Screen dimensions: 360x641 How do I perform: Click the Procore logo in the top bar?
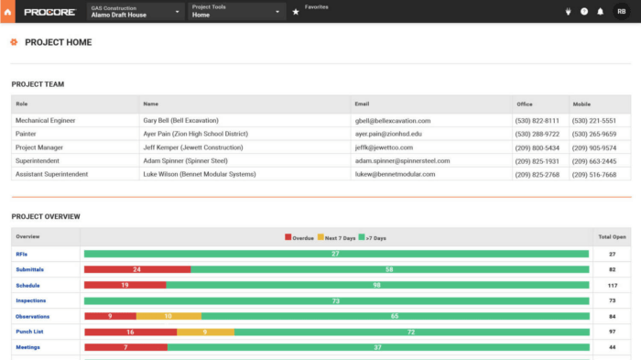coord(49,12)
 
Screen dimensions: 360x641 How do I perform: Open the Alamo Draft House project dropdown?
coord(136,12)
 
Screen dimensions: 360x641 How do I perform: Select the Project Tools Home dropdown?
coord(236,12)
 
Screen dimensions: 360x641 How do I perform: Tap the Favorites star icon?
coord(296,12)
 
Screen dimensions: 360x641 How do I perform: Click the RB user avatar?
coord(621,12)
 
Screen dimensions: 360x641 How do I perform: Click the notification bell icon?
coord(600,12)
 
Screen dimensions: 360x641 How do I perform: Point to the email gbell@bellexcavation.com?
coord(392,121)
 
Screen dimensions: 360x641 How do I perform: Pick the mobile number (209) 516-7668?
coord(594,174)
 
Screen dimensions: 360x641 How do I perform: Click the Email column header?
coord(362,104)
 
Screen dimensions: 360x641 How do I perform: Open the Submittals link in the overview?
coord(29,269)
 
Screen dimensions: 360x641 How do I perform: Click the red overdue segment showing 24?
coord(136,269)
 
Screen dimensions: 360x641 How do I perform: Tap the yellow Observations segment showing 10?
coord(168,316)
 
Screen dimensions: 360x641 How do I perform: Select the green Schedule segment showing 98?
coord(376,285)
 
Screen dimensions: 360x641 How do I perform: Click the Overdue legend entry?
coord(299,238)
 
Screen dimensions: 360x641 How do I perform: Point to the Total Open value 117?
coord(612,285)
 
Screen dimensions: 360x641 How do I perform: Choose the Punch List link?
coord(31,332)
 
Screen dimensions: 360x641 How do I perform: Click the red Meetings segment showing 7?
coord(125,347)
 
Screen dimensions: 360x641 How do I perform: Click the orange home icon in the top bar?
coord(8,12)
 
